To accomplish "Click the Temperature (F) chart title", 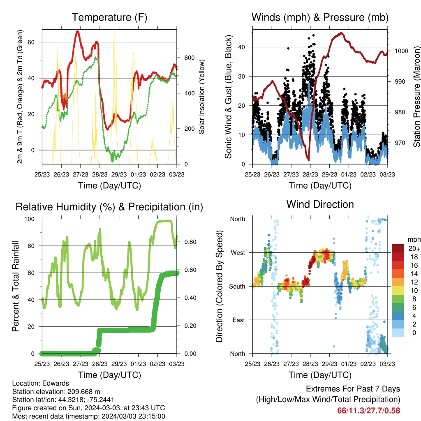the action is [x=109, y=17].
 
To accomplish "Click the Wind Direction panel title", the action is [x=320, y=204].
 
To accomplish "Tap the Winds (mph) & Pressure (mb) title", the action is [x=320, y=17].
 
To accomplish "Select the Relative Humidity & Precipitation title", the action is [x=109, y=207].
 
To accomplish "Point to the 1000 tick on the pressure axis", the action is [x=401, y=51].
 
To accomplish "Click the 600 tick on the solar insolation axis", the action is [x=189, y=58].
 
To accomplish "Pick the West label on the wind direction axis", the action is [x=238, y=253].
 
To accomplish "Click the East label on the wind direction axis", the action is [x=239, y=320].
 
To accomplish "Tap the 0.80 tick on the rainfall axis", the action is [x=190, y=242].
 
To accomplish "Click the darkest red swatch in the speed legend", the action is [x=398, y=248].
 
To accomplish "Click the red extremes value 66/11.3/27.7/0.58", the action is [x=369, y=411].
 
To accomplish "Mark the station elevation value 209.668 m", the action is [x=84, y=391].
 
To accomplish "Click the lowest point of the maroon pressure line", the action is [x=309, y=160].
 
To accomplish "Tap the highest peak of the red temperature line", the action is [x=78, y=32].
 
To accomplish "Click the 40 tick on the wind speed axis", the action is [x=242, y=47].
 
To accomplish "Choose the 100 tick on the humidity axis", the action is [x=30, y=219].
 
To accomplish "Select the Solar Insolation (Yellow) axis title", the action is [x=201, y=97].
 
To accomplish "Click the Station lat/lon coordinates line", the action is [x=63, y=400].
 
